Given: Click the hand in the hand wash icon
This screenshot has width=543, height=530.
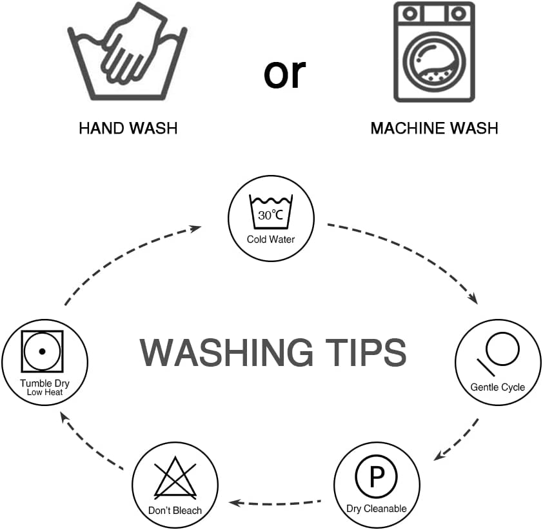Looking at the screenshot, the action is pos(133,45).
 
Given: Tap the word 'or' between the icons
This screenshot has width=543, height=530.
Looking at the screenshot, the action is pos(284,74).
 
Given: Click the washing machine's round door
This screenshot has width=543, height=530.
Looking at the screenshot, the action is pos(434,62).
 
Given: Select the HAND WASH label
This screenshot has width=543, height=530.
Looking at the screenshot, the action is pos(128,128).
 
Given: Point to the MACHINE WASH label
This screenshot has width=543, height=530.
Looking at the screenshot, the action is pos(434,128).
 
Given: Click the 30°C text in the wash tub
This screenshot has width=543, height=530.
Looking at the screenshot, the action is pos(270,215).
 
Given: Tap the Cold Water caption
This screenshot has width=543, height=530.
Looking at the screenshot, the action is pos(271,239).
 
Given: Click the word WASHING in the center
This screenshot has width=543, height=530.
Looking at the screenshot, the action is pos(226,352).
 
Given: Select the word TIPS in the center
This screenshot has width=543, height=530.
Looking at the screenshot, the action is pos(366,352).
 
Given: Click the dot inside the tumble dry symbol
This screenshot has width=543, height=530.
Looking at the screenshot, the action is pos(43,351).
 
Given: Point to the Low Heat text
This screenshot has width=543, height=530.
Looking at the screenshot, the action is pos(44,392).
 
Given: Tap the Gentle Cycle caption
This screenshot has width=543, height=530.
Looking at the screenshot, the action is pos(498,387).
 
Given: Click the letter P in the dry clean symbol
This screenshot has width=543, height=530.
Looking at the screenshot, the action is pos(377,477).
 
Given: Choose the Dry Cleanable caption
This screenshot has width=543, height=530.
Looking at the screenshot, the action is pos(377,509).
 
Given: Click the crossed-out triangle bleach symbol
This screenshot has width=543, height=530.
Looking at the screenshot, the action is pos(175,478).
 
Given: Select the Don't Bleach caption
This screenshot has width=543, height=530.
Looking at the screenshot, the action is pos(175,511).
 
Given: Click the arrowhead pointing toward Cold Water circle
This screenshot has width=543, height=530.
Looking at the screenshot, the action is pos(195,229).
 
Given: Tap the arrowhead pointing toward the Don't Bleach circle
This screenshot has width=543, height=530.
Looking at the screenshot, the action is pos(235,503).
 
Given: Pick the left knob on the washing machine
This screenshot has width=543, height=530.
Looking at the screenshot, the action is pos(410,14).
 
